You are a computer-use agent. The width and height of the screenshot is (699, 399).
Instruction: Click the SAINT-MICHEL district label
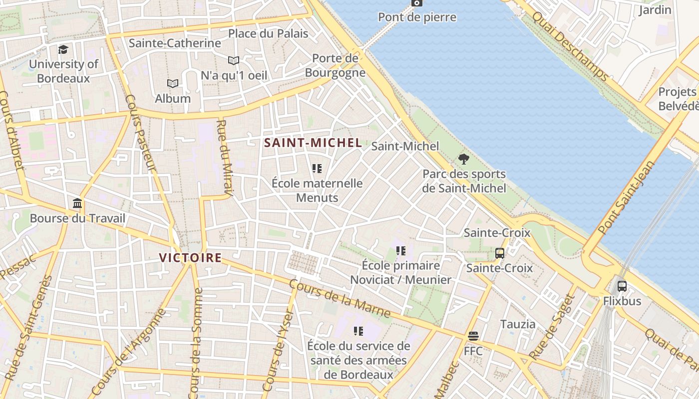coord(313,143)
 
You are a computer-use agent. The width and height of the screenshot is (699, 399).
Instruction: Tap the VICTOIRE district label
coord(190,258)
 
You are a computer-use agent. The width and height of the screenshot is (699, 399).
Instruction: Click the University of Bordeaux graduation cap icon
coord(63,49)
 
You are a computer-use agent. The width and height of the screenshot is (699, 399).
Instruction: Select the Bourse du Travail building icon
coord(77,203)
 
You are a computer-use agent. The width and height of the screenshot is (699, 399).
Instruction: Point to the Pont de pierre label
coord(417,17)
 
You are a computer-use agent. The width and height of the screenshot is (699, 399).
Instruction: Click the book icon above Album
coord(173,83)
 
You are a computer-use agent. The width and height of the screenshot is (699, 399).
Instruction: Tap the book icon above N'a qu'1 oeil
coord(234,60)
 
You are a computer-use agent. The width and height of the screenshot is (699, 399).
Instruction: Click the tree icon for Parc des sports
coord(464,159)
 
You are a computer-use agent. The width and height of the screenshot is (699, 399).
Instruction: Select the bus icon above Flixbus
coord(622,286)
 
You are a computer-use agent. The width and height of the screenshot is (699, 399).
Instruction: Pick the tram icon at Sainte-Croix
coord(499,253)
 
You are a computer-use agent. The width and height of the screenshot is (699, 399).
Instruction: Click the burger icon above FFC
coord(473,336)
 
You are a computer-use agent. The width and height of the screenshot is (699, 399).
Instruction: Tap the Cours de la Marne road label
coord(340,298)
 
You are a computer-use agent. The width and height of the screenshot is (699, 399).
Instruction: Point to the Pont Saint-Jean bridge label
coord(626,198)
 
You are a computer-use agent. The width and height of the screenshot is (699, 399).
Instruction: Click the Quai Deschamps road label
coord(570,46)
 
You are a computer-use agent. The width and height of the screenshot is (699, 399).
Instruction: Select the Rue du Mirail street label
coord(225,158)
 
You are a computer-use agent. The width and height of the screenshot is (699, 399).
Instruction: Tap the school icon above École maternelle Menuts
coord(317,169)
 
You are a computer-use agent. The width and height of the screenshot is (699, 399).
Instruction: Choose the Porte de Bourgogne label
coord(335,65)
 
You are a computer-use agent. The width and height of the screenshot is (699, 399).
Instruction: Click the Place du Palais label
coord(268,33)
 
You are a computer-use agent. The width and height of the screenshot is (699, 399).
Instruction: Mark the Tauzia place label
coord(518,324)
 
